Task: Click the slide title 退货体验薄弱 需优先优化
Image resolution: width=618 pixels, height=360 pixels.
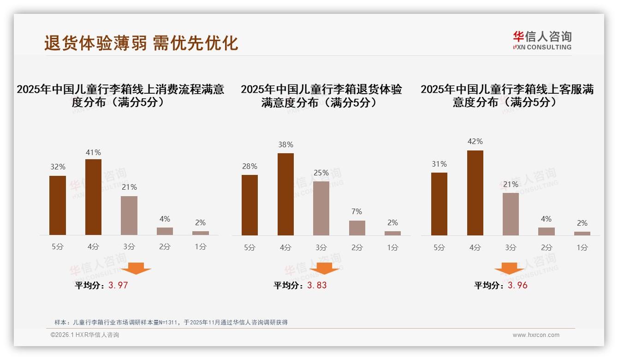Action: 141,43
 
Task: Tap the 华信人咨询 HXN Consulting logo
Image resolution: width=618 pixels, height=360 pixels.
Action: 542,41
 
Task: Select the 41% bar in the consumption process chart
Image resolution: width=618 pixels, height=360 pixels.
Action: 93,197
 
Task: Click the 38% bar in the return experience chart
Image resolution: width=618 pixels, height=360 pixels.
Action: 285,194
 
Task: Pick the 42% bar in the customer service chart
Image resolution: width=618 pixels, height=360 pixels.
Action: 475,193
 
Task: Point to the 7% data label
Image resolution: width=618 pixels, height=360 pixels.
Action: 357,212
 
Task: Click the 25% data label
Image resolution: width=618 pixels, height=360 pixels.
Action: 321,173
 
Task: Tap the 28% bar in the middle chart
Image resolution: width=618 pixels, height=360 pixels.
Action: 250,205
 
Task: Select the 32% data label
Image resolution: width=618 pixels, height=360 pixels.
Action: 58,167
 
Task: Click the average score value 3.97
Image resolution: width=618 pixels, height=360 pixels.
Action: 118,285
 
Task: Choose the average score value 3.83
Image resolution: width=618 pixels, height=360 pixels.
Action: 317,285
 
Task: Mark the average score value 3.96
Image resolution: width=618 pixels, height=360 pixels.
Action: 517,285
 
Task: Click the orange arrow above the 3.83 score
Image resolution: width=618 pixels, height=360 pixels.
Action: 324,268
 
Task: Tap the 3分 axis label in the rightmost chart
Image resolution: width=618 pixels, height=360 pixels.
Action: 511,247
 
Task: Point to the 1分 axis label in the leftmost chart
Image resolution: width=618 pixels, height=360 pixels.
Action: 201,247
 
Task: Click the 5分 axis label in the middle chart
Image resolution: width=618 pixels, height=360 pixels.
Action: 250,247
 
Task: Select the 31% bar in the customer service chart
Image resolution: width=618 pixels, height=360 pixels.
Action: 439,204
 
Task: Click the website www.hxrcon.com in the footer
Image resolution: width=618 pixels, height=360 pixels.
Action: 536,335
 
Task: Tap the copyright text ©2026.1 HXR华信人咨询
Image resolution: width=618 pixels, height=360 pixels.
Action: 85,335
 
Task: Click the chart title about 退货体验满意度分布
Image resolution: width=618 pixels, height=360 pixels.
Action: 321,96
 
